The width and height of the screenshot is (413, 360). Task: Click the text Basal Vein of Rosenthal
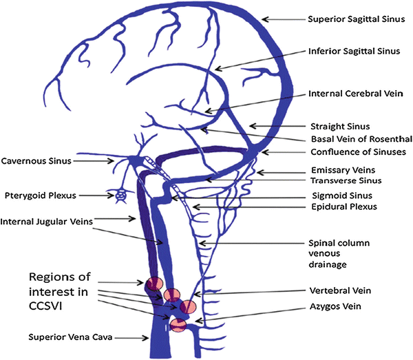[x=351, y=138]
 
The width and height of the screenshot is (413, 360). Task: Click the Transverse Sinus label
[x=341, y=181]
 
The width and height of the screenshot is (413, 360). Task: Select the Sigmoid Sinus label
[x=337, y=195]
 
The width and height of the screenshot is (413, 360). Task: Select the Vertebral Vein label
[x=339, y=291]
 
